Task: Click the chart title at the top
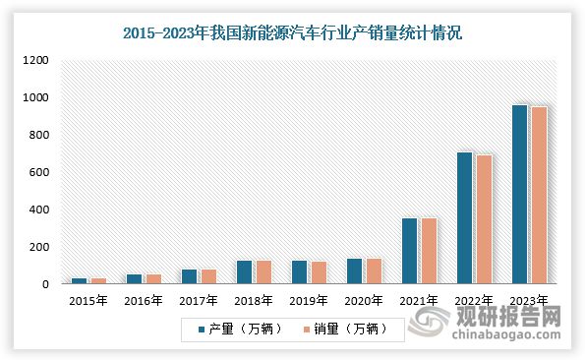(x=292, y=32)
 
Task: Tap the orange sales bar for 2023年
(x=538, y=196)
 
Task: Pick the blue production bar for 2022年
(x=464, y=218)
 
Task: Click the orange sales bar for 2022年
(x=483, y=219)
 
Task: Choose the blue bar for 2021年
(x=409, y=251)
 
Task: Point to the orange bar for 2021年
(x=428, y=251)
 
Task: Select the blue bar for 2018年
(x=244, y=272)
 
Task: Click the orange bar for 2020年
(x=373, y=271)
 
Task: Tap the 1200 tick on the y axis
(x=35, y=61)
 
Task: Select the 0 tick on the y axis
(x=44, y=285)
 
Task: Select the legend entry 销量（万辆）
(x=347, y=330)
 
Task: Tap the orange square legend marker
(x=307, y=330)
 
